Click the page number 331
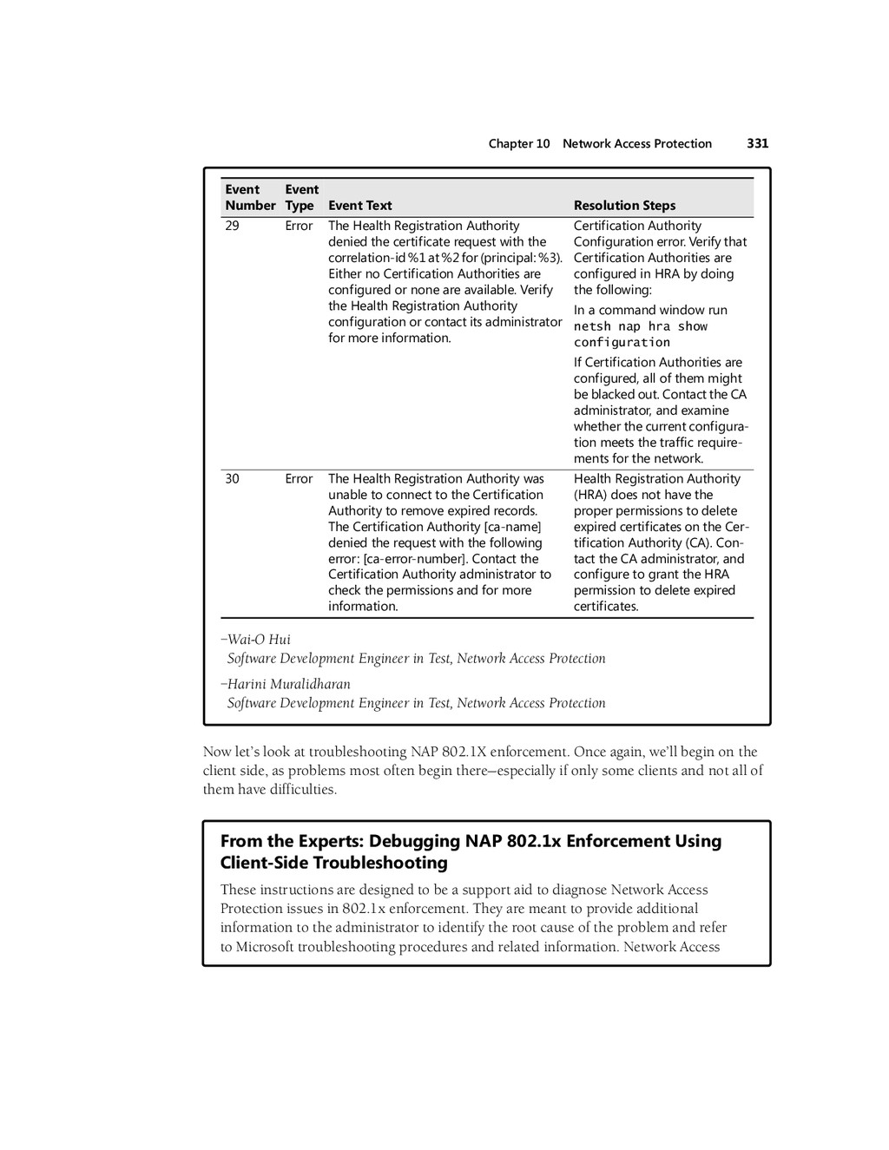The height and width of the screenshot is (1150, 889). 757,144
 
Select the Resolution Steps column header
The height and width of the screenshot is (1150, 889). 624,206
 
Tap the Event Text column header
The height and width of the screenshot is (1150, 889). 359,206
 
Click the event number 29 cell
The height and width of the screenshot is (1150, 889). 232,227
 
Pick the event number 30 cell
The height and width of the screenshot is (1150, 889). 232,479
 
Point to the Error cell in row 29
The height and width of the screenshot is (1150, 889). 299,227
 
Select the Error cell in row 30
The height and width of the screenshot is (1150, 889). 299,479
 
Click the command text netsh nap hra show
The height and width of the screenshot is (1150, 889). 640,327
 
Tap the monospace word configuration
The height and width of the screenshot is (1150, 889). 622,343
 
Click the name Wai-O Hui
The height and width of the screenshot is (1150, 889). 259,640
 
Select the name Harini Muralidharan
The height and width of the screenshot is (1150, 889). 288,684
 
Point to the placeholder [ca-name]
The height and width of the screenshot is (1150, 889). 512,527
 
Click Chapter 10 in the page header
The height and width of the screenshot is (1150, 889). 518,144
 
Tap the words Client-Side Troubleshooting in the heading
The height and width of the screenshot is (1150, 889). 334,863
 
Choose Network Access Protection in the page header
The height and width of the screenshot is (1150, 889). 636,144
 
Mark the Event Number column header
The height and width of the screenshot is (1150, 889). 249,198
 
